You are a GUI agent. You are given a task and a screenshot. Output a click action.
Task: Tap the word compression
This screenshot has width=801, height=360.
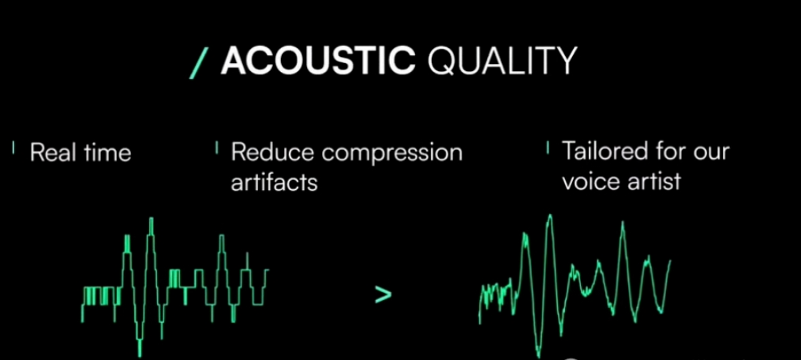[386, 154]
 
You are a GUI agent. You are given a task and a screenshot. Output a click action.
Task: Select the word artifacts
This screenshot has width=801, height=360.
[275, 182]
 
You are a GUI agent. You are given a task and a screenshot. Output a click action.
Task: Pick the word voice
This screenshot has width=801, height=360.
[590, 181]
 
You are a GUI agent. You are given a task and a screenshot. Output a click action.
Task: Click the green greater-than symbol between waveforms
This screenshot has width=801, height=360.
[383, 295]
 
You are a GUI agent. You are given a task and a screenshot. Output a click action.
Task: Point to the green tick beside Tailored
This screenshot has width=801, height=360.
[548, 148]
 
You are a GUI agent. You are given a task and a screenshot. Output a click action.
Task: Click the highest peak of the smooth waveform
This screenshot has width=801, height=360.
[550, 216]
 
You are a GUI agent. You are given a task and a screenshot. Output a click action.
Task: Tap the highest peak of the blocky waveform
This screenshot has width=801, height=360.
[152, 219]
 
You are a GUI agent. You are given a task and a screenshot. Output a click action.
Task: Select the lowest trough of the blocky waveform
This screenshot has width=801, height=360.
[140, 355]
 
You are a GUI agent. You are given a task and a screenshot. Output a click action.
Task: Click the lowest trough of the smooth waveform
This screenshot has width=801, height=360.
[538, 355]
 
